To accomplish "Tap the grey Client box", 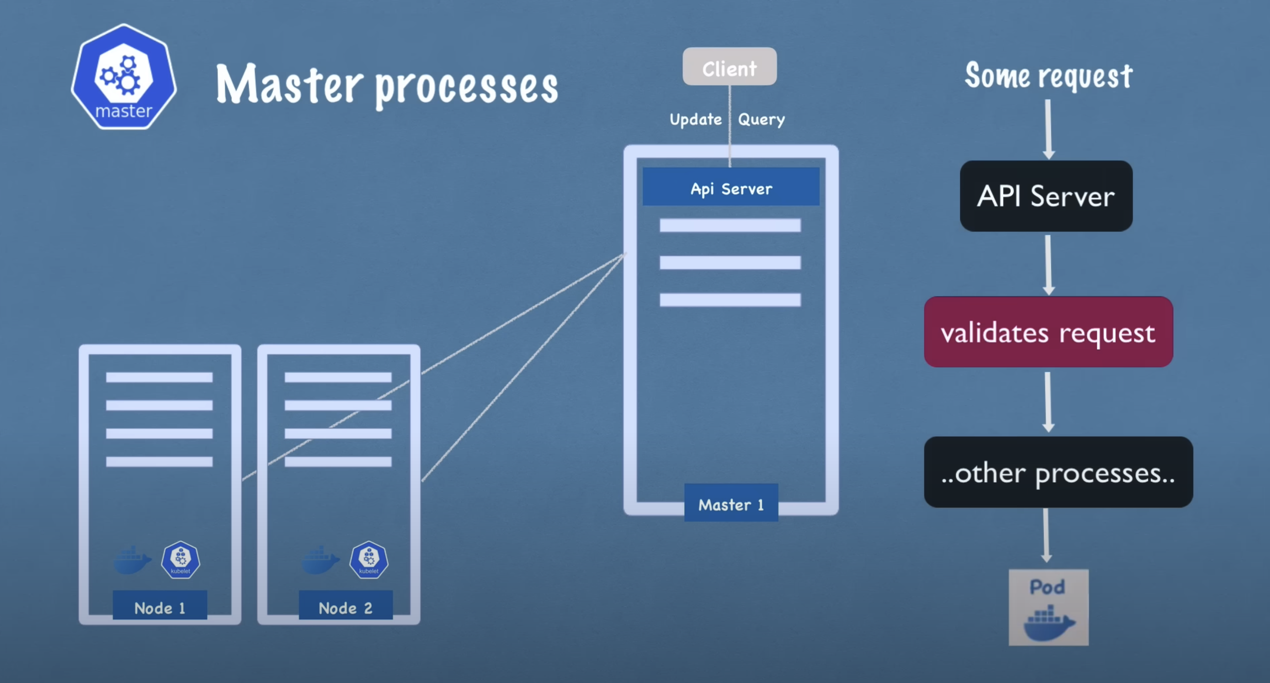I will [729, 67].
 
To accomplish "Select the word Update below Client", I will [695, 119].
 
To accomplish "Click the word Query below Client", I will [761, 119].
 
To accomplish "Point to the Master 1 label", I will [731, 504].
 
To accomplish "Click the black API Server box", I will [1046, 196].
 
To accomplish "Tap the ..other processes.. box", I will [1058, 472].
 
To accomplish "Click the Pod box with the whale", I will [1048, 607].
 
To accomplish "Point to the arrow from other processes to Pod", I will [1046, 535].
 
